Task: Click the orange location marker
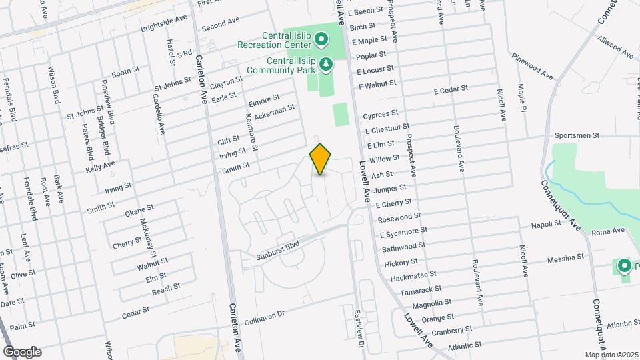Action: pyautogui.click(x=321, y=159)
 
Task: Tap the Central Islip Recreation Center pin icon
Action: pyautogui.click(x=321, y=39)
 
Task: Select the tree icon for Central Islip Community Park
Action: pyautogui.click(x=326, y=64)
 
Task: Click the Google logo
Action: pyautogui.click(x=22, y=352)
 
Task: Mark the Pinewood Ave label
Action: pyautogui.click(x=533, y=65)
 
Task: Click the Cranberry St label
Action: pyautogui.click(x=451, y=329)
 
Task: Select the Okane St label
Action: pyautogui.click(x=139, y=211)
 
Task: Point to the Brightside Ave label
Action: pyautogui.click(x=164, y=24)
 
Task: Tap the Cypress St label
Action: pyautogui.click(x=381, y=114)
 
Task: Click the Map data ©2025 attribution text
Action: pyautogui.click(x=611, y=354)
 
